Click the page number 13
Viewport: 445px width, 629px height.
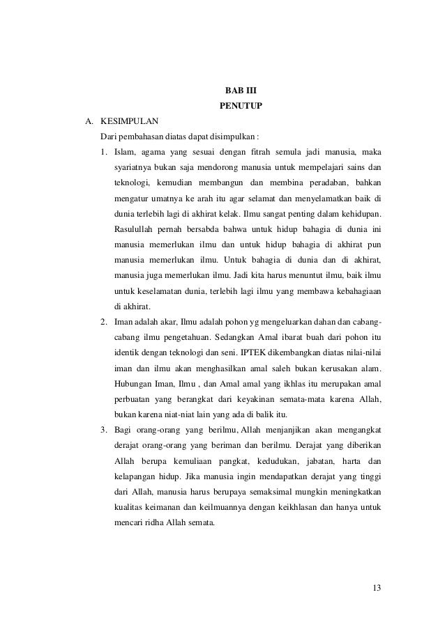coord(377,591)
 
